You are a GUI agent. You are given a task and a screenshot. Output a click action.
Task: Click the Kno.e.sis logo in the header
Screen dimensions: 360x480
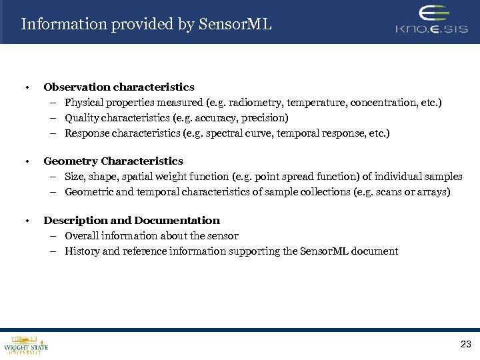tap(431, 21)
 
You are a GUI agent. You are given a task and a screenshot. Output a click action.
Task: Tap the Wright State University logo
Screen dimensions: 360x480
tap(25, 345)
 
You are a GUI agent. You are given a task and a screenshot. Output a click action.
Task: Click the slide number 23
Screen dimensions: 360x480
tap(465, 344)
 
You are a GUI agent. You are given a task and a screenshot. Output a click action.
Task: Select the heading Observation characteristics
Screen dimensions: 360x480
tap(119, 87)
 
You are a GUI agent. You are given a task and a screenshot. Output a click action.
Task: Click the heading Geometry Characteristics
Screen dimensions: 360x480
tap(113, 161)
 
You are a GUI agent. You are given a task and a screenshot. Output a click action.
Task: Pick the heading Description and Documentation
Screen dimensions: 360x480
tap(131, 221)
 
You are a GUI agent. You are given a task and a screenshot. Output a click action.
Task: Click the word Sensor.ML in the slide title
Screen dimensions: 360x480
tap(239, 25)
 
